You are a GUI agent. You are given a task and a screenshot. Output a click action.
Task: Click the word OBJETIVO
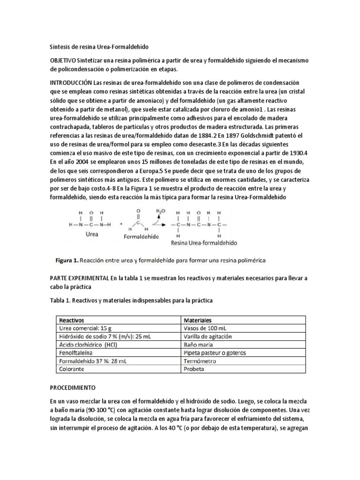pos(63,61)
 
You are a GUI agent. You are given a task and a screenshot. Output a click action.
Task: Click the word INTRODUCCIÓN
pos(71,82)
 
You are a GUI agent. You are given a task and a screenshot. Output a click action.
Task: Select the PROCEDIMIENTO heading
pos(73,388)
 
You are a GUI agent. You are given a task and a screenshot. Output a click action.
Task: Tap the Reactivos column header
pos(70,319)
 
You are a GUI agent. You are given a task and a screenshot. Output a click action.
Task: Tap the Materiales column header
pos(199,319)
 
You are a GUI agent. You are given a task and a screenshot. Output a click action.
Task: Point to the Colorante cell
pos(70,369)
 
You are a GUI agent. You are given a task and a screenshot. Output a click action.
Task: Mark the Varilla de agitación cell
pos(208,336)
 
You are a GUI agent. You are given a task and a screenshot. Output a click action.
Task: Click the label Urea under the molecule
pos(92,234)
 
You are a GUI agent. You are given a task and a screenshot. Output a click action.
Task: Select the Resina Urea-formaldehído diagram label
pos(204,243)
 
